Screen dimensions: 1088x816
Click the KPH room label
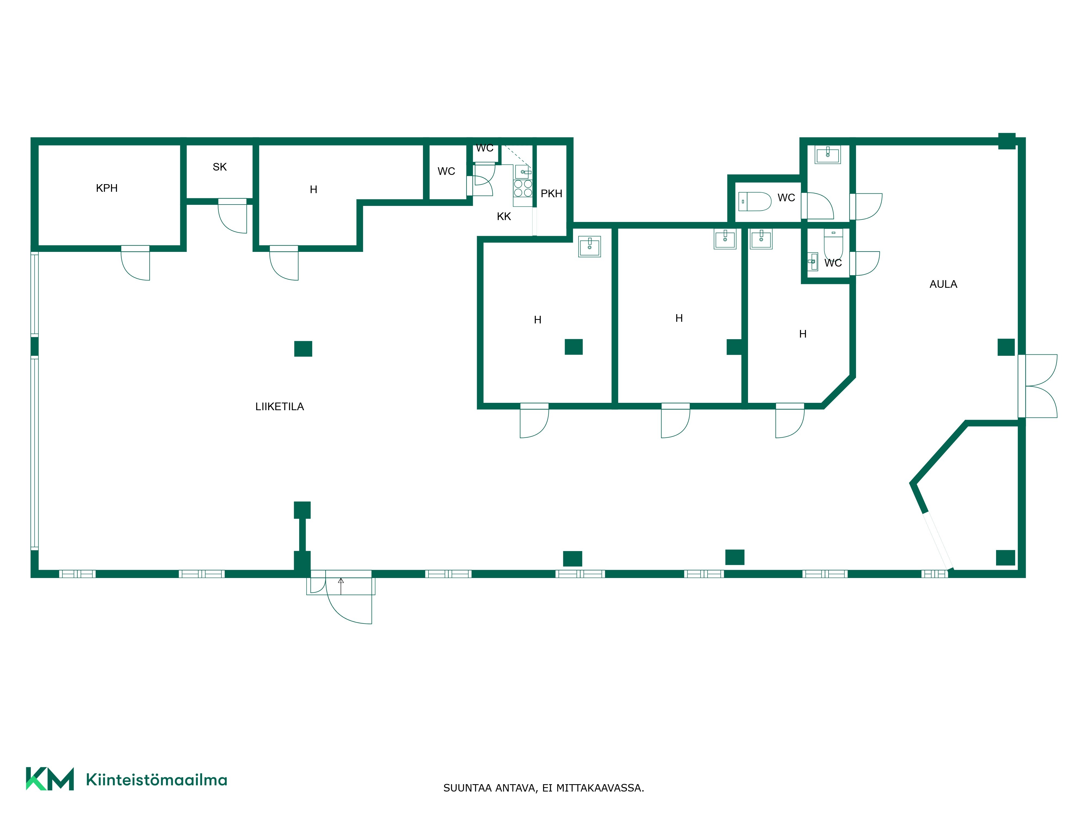click(x=107, y=188)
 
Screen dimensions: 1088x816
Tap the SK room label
click(x=220, y=167)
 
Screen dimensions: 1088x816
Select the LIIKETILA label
click(x=279, y=406)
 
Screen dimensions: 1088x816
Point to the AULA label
click(x=943, y=284)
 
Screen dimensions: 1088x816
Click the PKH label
click(x=551, y=194)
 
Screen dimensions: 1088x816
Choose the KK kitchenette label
click(x=504, y=217)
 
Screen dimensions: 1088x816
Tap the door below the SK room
click(x=233, y=217)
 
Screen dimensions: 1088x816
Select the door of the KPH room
click(x=136, y=263)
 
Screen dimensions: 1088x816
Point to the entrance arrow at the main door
click(x=341, y=586)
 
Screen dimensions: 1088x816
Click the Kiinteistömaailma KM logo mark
click(x=50, y=779)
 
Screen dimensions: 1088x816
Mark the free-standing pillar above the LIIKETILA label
click(x=303, y=349)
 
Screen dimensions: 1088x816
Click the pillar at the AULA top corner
click(x=1007, y=141)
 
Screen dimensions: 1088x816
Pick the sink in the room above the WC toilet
click(x=828, y=154)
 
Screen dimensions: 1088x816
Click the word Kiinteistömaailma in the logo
click(x=156, y=780)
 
